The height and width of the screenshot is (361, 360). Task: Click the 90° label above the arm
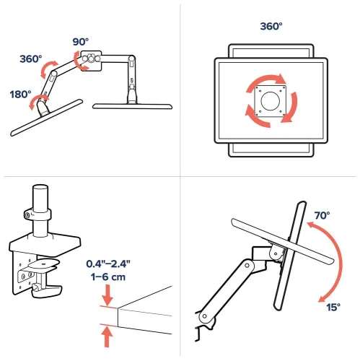pos(79,41)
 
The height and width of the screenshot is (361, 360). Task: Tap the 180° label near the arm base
pos(20,95)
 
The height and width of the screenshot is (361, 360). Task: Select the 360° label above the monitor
pos(271,26)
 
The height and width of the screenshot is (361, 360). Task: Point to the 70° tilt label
pos(322,215)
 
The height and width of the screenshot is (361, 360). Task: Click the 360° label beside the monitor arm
pos(31,59)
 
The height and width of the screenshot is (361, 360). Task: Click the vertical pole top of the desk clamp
pos(40,196)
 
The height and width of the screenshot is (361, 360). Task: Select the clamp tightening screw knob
pos(38,291)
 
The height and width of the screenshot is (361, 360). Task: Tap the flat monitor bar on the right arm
pos(134,106)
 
